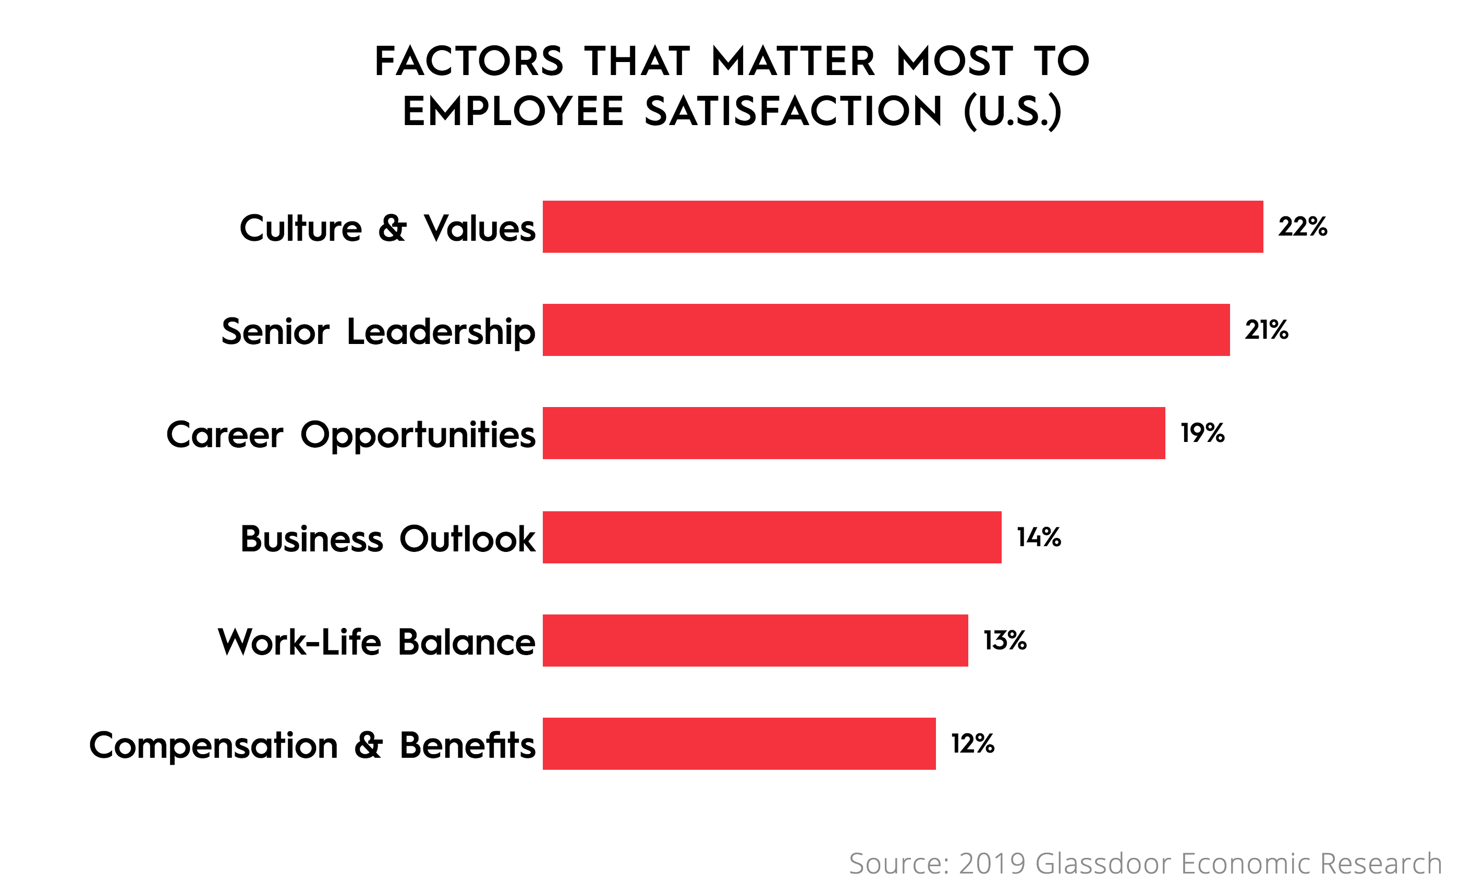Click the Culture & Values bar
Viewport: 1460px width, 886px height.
coord(903,227)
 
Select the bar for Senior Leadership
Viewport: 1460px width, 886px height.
coord(886,330)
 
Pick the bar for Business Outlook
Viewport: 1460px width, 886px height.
coord(772,537)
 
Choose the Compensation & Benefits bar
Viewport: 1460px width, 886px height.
coord(739,744)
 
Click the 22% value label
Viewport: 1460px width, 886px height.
coord(1303,227)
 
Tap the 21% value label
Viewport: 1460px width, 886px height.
coord(1266,330)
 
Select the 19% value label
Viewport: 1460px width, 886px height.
coord(1202,433)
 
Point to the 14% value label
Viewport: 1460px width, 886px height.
coord(1039,537)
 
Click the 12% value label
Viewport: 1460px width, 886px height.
coord(972,744)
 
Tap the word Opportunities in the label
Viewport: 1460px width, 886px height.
coord(418,435)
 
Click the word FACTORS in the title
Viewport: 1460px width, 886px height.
coord(469,61)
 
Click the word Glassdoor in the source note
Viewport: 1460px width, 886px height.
coord(1103,863)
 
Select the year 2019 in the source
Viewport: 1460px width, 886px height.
coord(992,863)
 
